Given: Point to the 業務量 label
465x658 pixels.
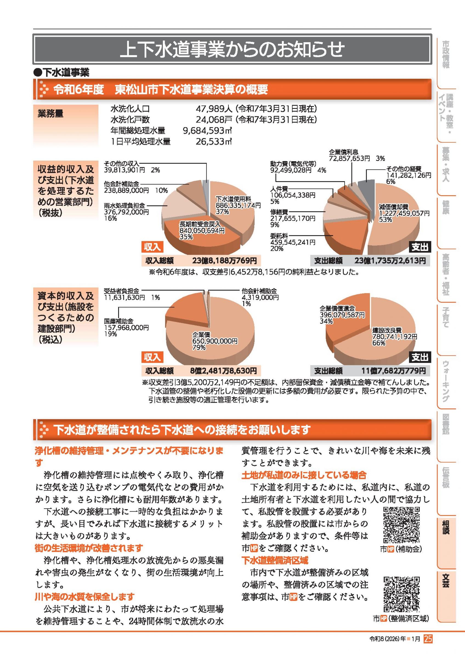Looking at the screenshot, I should coord(50,114).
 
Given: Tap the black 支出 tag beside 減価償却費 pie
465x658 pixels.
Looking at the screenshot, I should coord(419,247).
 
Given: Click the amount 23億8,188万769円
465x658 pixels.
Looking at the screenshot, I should coord(225,260).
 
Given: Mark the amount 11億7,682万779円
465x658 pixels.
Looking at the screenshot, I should coord(393,371).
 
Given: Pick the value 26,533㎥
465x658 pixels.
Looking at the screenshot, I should coord(214,141).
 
